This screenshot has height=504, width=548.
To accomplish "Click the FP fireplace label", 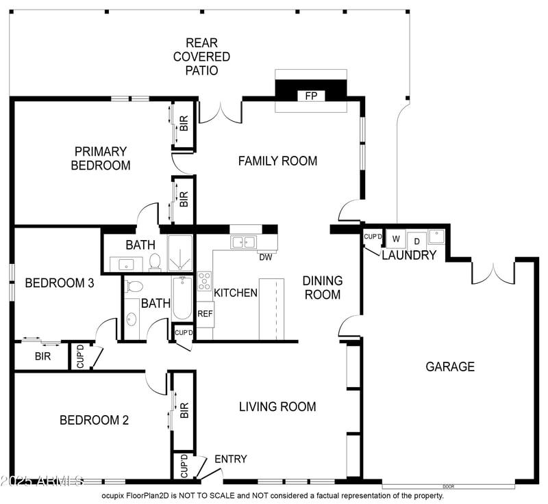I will pos(310,96).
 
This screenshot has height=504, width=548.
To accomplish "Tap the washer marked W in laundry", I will pos(395,239).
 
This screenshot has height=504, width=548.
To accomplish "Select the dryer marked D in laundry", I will pos(416,241).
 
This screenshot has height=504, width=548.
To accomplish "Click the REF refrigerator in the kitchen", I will pos(204,313).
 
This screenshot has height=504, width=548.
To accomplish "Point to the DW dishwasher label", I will pos(266,257).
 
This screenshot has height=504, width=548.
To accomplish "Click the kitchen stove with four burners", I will pos(204,281).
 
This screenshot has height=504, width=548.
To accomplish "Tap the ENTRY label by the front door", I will pos(230,459).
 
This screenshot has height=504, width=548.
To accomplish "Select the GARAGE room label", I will pos(450,367).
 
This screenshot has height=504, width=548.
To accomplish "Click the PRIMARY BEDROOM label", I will pos(101,158).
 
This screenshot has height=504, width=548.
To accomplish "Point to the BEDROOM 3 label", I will pos(59,283).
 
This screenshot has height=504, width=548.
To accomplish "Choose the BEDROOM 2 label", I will pos(94,420).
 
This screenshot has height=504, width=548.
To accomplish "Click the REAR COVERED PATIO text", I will pos(201,57).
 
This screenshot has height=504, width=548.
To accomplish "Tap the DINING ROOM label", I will pos(322,287).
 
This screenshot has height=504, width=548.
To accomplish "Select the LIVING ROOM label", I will pos(277,406).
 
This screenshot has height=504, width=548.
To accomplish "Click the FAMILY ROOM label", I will pos(277,161).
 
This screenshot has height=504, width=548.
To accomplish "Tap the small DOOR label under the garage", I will pos(449,486).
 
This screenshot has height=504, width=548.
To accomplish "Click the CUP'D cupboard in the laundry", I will pos(373,237).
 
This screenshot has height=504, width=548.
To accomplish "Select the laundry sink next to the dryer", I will pos(436,237).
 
